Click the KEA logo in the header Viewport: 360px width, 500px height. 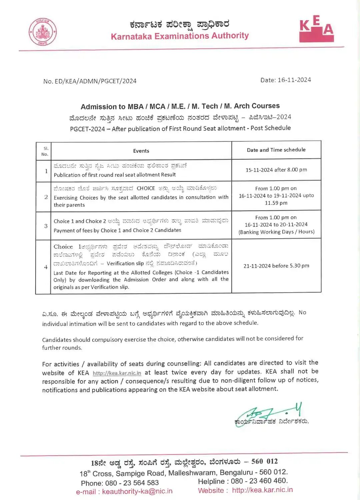click(x=316, y=29)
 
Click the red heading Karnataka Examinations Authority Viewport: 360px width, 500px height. click(x=180, y=36)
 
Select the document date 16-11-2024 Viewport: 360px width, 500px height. click(x=294, y=80)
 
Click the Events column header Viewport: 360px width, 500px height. click(x=141, y=151)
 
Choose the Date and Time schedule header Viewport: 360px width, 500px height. click(x=276, y=150)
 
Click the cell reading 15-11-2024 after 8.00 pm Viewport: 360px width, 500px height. click(x=276, y=170)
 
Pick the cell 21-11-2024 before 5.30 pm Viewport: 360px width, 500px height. click(x=276, y=266)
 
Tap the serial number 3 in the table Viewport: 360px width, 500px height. click(x=46, y=226)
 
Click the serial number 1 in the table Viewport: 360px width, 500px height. click(x=46, y=171)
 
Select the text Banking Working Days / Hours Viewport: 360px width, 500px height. click(x=276, y=232)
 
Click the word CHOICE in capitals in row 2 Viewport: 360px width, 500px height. click(x=146, y=188)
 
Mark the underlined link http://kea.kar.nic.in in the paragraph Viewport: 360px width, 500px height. click(x=117, y=373)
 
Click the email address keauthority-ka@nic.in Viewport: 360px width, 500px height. click(x=137, y=491)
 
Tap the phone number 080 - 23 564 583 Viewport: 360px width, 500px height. click(x=132, y=483)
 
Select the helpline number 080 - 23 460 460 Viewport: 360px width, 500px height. click(x=259, y=481)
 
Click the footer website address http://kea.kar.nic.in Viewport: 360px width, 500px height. click(x=262, y=490)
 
